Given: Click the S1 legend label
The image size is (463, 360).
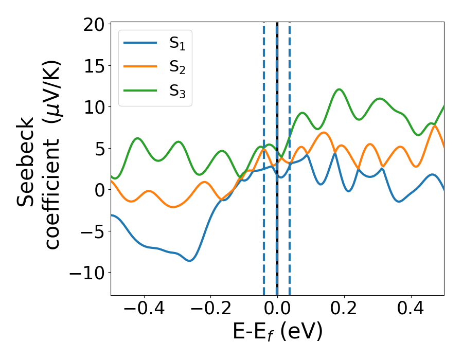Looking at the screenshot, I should pos(177,45).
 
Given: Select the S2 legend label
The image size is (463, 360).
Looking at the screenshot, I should pos(177,67).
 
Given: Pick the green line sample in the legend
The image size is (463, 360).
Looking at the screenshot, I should pos(140,89).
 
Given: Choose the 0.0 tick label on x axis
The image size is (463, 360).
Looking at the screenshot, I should pos(277,310).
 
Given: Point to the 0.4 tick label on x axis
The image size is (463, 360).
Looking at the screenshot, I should pos(411,310).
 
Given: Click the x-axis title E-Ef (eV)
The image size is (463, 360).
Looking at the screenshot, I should pos(277,332).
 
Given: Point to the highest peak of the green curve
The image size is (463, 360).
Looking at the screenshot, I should pos(339,89).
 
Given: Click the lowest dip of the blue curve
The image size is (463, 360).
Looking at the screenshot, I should pos(190,261).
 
